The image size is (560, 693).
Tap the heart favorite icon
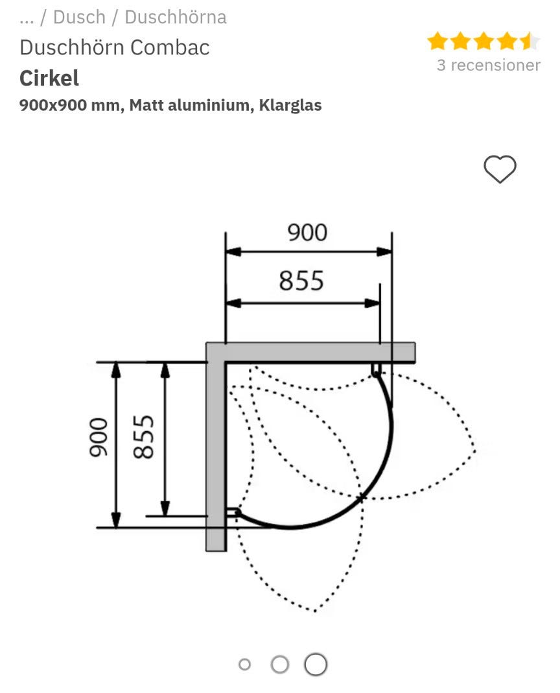(500, 170)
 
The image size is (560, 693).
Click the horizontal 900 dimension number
(307, 232)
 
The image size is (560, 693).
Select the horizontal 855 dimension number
(301, 281)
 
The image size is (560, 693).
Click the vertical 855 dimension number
(144, 436)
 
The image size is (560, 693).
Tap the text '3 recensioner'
(488, 65)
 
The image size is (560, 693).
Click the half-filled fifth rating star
(530, 41)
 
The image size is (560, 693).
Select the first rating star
(437, 41)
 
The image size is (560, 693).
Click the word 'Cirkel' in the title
(49, 78)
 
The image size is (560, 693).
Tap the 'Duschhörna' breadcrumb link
(175, 18)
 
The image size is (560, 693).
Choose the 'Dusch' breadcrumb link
(79, 18)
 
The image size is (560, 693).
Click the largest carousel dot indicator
(316, 664)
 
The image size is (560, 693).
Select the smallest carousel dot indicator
(244, 664)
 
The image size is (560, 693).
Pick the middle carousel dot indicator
(279, 664)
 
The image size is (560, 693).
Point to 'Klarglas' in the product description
(290, 105)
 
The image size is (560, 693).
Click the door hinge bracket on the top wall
(376, 370)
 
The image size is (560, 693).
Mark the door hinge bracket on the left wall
(233, 512)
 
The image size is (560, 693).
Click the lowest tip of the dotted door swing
(315, 611)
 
